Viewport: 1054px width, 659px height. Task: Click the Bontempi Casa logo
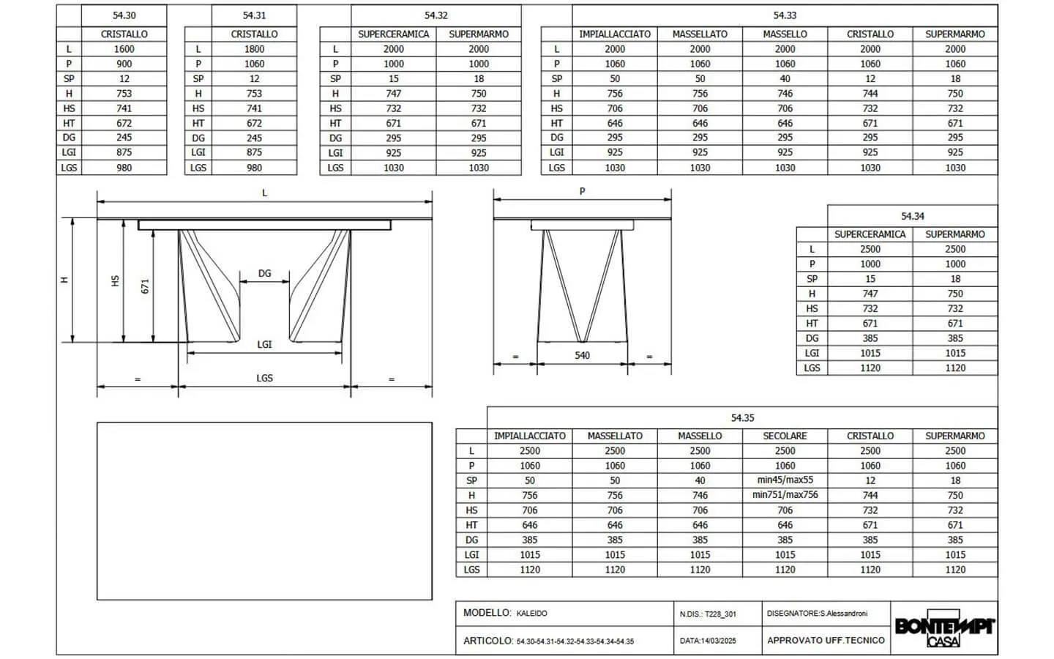coord(944,628)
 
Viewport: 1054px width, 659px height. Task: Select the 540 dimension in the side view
coord(582,355)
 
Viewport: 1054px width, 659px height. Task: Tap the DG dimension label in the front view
coord(264,274)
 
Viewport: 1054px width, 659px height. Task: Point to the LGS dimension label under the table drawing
coord(264,378)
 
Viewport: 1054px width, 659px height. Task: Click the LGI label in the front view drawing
coord(264,345)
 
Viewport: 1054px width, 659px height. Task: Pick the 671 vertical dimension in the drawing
coord(145,286)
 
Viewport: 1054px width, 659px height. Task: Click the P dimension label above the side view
coord(582,192)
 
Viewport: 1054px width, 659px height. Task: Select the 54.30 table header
coord(124,15)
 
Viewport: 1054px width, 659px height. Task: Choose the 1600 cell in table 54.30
coord(124,49)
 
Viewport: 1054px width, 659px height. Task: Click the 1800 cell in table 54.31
coord(254,49)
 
